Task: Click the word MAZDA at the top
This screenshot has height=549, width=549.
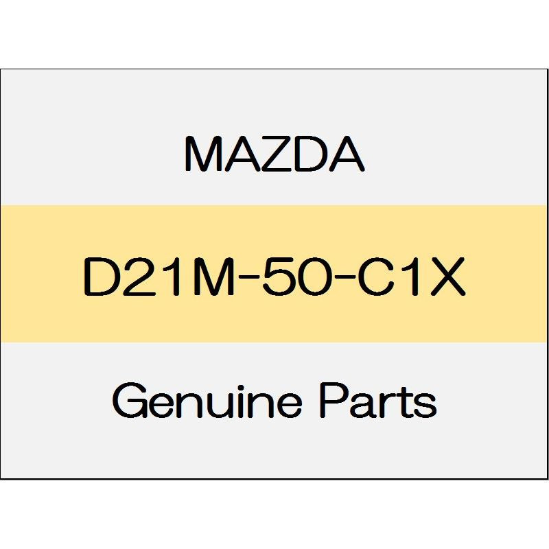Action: [x=275, y=154]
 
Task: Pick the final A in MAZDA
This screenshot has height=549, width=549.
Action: [x=346, y=154]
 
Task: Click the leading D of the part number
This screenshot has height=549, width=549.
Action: [x=100, y=277]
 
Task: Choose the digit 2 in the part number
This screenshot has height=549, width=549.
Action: [x=134, y=277]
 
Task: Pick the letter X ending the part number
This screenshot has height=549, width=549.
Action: [x=448, y=277]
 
